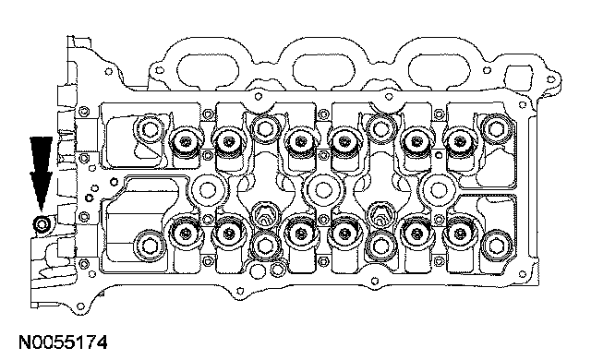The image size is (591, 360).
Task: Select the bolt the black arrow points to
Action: coord(41,225)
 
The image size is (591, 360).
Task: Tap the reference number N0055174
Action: coord(63,342)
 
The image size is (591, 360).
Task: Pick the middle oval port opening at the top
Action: coord(323,70)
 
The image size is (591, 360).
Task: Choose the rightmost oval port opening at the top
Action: coord(439,70)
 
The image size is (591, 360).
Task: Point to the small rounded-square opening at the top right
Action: coord(519,77)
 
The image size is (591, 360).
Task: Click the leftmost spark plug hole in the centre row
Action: coord(207,190)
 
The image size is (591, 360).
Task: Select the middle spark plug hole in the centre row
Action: coord(323,190)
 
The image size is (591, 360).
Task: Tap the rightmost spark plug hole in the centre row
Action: coord(439,190)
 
